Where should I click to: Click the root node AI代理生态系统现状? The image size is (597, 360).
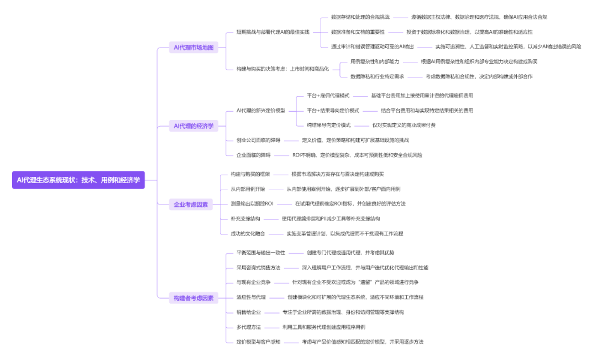tap(78, 180)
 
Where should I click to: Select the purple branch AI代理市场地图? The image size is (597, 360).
tap(193, 48)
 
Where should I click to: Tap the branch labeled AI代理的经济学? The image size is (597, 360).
tap(193, 126)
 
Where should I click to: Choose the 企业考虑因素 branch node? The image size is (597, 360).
tap(191, 205)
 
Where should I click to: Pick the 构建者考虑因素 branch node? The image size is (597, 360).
tap(193, 298)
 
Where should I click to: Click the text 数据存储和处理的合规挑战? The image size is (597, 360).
tap(360, 17)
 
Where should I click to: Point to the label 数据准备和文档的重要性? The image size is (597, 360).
tap(358, 32)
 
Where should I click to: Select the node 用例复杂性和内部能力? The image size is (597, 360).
tap(375, 61)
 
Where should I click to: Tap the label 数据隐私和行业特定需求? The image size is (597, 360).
tap(377, 76)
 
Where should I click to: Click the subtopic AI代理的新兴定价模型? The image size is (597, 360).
tap(261, 111)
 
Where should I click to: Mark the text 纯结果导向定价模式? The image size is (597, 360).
tap(328, 125)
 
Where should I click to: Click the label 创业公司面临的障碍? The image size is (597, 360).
tap(258, 140)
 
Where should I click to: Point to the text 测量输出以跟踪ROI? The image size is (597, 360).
tap(252, 204)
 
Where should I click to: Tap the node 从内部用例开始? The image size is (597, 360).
tap(248, 189)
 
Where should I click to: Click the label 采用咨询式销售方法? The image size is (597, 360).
tap(258, 268)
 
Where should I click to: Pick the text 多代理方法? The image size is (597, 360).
tap(249, 327)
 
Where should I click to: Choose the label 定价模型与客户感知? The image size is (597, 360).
tap(258, 342)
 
